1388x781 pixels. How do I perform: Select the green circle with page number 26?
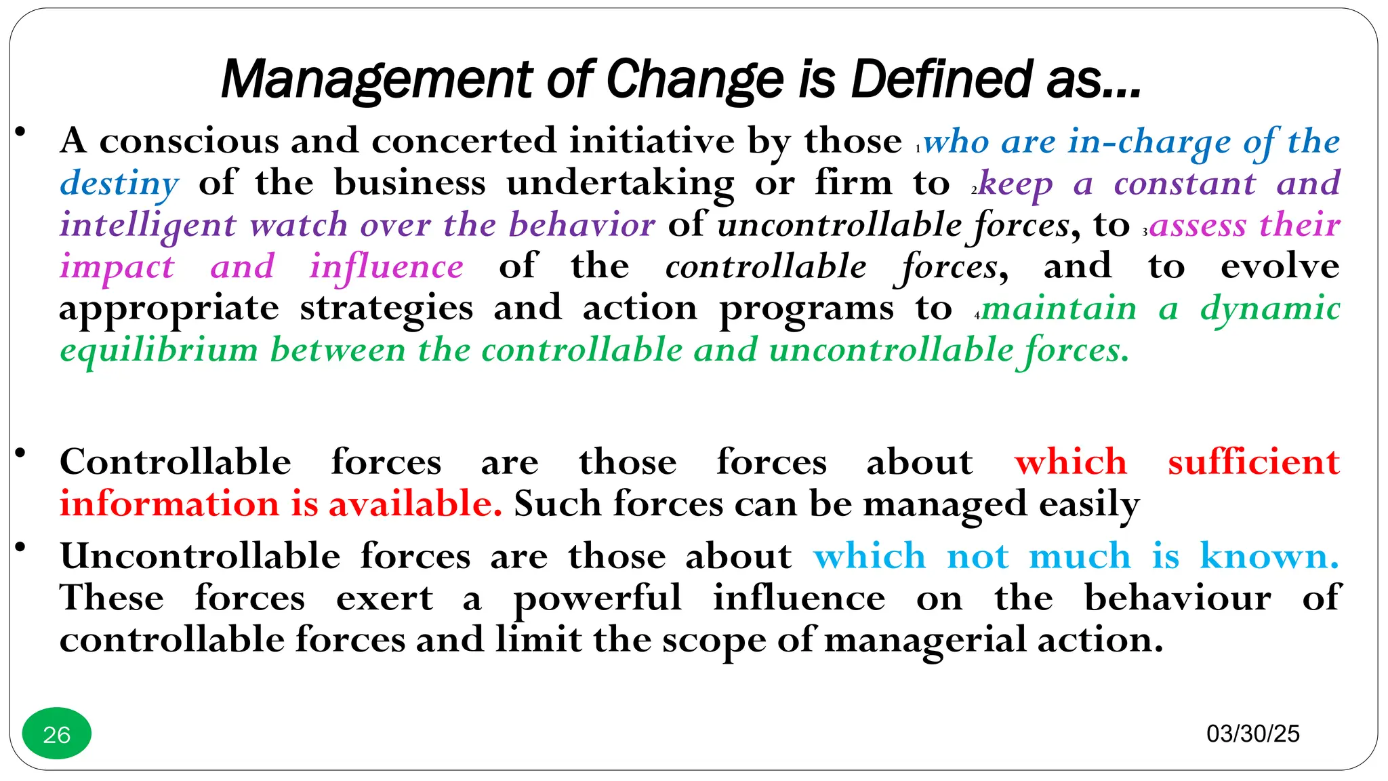57,734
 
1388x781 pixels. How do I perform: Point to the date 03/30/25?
1252,734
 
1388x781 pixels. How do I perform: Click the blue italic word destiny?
119,184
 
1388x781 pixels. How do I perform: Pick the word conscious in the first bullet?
189,141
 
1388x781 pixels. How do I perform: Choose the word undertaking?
620,184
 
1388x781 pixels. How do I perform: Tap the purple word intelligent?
148,225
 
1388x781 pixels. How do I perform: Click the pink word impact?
117,267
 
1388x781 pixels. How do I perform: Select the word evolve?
1280,266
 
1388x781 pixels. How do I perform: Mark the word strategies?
386,309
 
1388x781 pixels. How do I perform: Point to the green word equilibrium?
159,351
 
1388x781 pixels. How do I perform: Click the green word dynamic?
1270,309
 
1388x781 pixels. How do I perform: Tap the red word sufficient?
1253,462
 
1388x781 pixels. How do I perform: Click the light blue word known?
1269,557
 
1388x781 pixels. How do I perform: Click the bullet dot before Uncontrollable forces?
21,546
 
